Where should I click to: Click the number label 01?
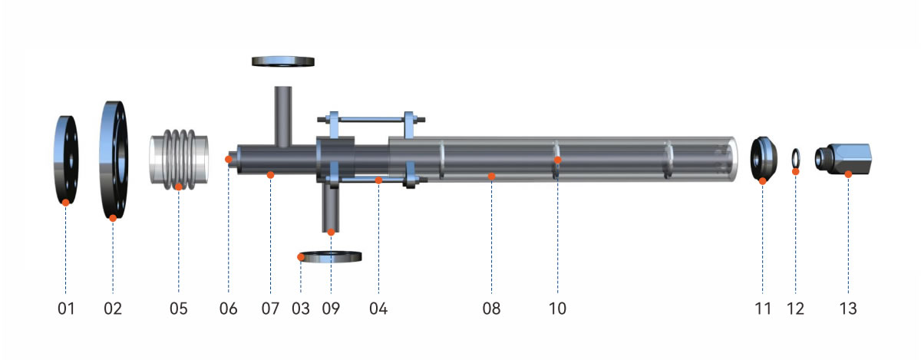pyautogui.click(x=65, y=309)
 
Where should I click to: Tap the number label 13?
pyautogui.click(x=847, y=309)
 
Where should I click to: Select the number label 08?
pyautogui.click(x=491, y=309)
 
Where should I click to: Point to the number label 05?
pyautogui.click(x=178, y=309)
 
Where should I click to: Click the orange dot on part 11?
pyautogui.click(x=762, y=180)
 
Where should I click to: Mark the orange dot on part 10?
pyautogui.click(x=558, y=160)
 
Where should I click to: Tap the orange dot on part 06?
pyautogui.click(x=228, y=159)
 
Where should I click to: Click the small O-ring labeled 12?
pyautogui.click(x=796, y=159)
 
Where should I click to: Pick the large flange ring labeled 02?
pyautogui.click(x=113, y=159)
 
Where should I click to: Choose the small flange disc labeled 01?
pyautogui.click(x=65, y=159)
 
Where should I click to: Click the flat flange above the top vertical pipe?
pyautogui.click(x=283, y=61)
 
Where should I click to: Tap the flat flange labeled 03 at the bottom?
pyautogui.click(x=330, y=257)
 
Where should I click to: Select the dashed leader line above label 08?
pyautogui.click(x=491, y=238)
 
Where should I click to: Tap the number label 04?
pyautogui.click(x=378, y=309)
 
